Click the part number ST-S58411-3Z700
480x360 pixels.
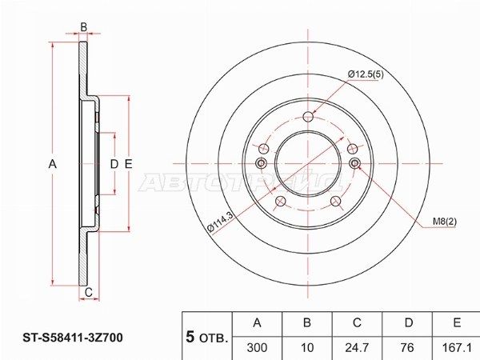click(x=73, y=338)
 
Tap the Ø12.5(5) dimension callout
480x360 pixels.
click(x=366, y=74)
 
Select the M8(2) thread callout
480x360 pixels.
click(x=445, y=222)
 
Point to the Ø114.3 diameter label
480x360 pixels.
click(x=221, y=222)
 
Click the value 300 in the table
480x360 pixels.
click(x=257, y=347)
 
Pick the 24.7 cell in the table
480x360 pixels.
click(x=357, y=347)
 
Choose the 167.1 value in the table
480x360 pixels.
click(x=457, y=347)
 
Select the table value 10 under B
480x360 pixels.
click(x=307, y=347)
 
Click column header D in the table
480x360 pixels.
click(x=409, y=322)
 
